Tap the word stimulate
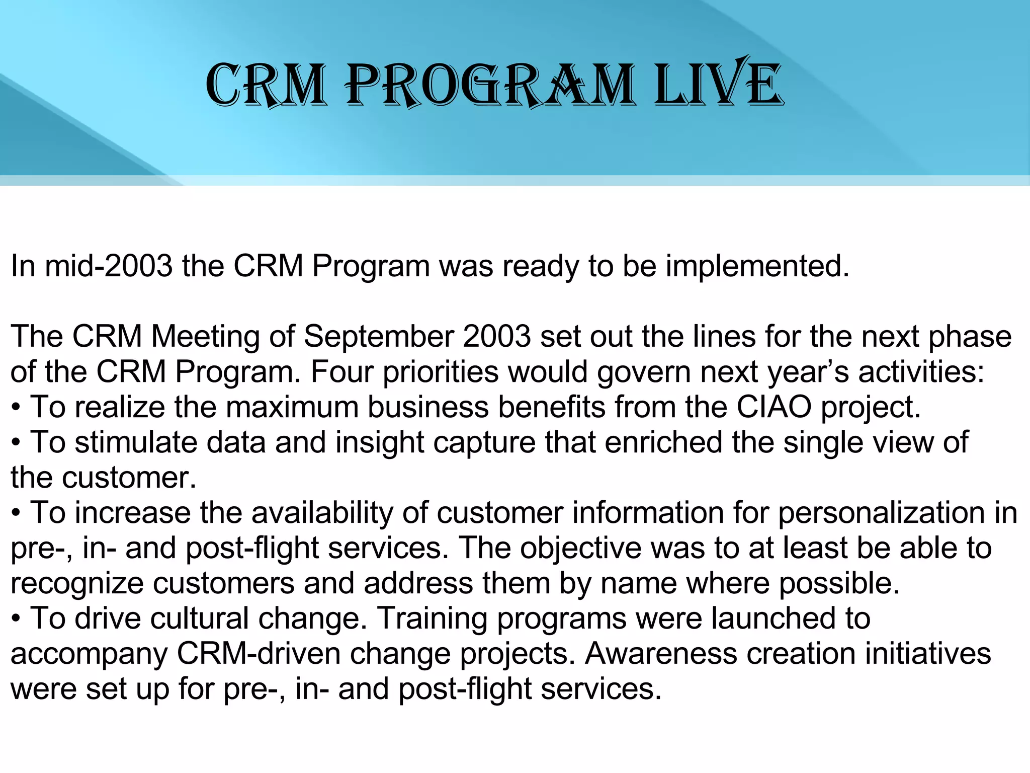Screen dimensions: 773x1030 (x=136, y=442)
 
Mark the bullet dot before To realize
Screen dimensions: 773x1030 (x=16, y=408)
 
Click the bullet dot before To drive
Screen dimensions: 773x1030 (x=16, y=620)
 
